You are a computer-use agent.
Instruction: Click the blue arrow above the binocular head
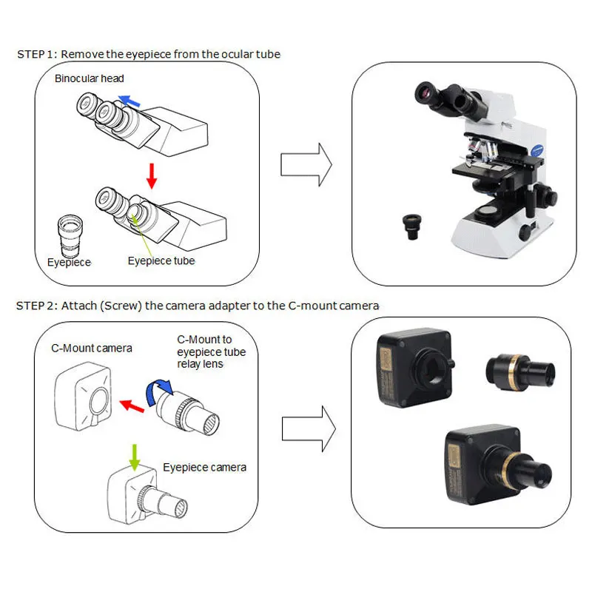click(x=129, y=101)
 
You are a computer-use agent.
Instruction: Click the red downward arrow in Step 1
click(x=152, y=176)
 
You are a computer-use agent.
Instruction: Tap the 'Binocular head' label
click(x=89, y=78)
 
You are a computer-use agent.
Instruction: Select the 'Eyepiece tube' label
click(x=161, y=261)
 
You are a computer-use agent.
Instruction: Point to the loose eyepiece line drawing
click(x=70, y=235)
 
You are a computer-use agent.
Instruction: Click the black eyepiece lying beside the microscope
click(x=412, y=226)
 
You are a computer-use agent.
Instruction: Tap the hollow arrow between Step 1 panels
click(x=306, y=164)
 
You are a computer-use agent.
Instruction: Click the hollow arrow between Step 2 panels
click(x=309, y=429)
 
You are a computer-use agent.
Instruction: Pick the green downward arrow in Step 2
click(x=135, y=457)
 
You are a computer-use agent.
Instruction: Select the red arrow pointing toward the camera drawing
click(x=132, y=406)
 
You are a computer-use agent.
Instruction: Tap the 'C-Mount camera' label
click(x=92, y=348)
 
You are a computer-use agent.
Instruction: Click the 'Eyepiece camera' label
click(x=205, y=468)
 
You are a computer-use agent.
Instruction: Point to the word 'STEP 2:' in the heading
click(x=36, y=306)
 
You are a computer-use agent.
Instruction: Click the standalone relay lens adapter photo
click(x=521, y=372)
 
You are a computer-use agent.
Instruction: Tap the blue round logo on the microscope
click(x=536, y=149)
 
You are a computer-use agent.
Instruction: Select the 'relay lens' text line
click(x=200, y=364)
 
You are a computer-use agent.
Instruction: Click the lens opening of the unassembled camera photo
click(x=431, y=368)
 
